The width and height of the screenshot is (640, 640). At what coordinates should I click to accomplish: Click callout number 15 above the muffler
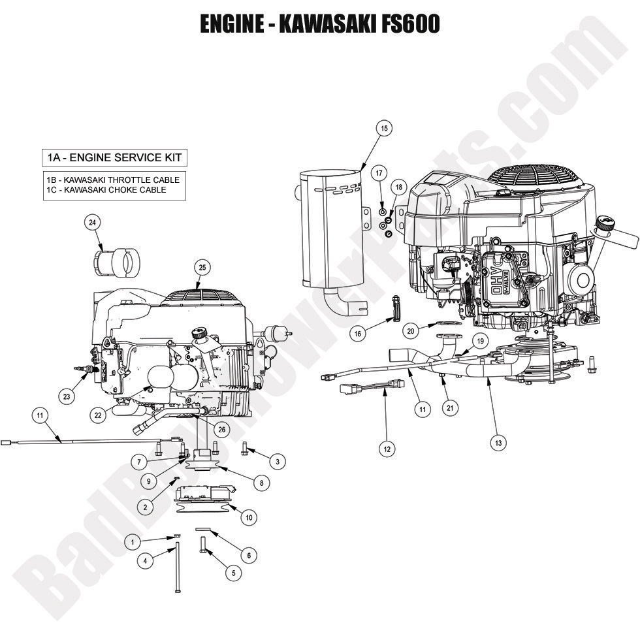[385, 129]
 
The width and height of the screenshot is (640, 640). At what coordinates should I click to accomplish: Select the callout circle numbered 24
[93, 223]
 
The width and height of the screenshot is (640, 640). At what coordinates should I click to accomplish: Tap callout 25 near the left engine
[202, 267]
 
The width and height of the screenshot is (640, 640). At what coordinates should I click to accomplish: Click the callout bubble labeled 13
[499, 442]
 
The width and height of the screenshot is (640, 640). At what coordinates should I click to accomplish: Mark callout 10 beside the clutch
[248, 518]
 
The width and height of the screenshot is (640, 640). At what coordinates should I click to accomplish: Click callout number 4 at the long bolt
[146, 560]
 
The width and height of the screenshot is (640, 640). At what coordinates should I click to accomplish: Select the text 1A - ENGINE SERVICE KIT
[114, 158]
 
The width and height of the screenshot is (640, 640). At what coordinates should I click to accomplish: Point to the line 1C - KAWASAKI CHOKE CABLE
[106, 190]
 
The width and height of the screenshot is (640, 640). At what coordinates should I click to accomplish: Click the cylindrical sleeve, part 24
[116, 263]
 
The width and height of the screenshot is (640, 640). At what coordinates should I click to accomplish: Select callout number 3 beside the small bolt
[278, 462]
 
